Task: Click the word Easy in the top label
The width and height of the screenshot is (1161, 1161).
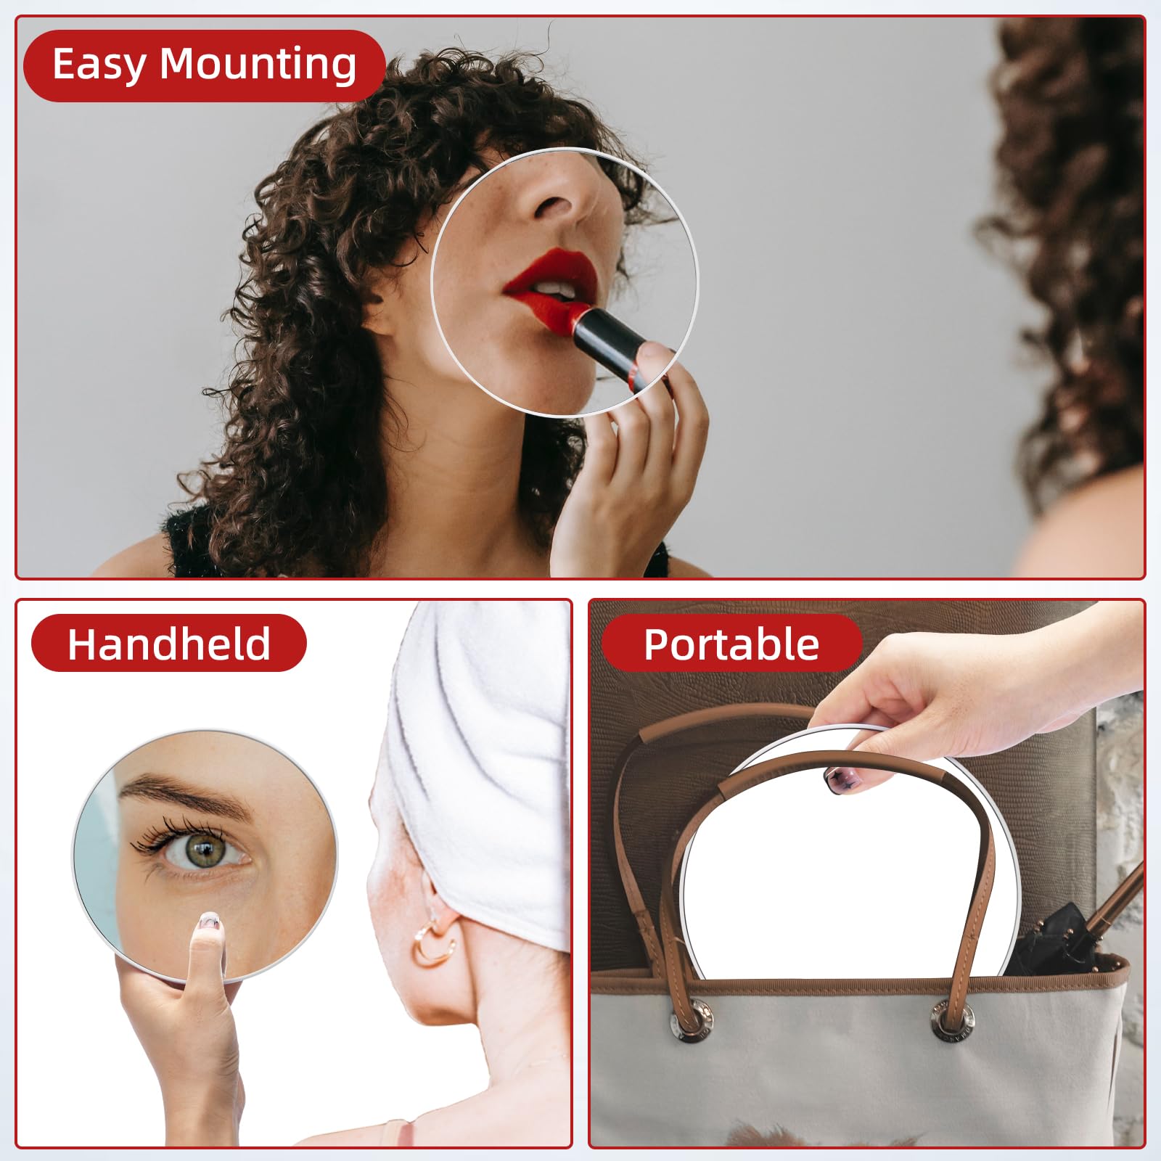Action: tap(99, 65)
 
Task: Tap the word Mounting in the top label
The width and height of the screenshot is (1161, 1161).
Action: tap(258, 65)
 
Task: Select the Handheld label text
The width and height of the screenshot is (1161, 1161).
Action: tap(168, 644)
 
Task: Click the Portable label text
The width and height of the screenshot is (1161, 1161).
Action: tap(731, 644)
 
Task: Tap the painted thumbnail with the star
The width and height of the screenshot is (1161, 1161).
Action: tap(840, 779)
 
